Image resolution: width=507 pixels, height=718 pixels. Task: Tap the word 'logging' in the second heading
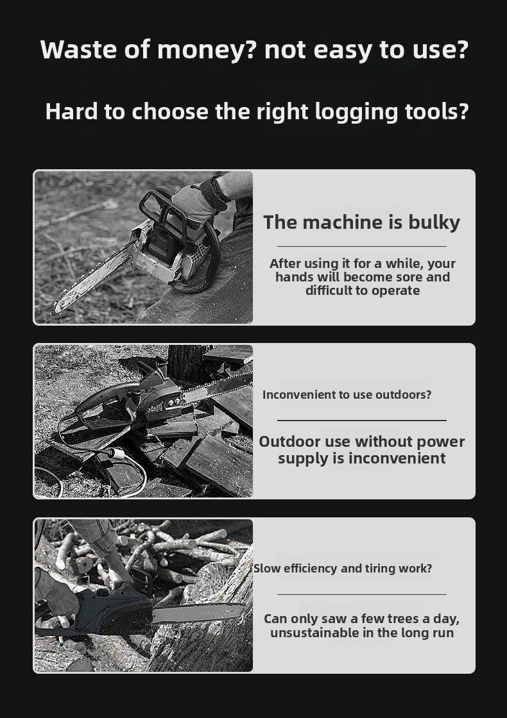click(x=357, y=112)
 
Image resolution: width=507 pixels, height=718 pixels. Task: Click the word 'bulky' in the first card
click(x=434, y=222)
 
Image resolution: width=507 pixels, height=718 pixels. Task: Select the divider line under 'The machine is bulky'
click(x=362, y=246)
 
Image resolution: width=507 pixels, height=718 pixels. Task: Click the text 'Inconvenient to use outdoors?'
click(x=347, y=395)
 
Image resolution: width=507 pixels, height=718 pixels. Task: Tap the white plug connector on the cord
click(x=116, y=454)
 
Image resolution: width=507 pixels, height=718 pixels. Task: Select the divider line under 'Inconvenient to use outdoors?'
click(x=362, y=420)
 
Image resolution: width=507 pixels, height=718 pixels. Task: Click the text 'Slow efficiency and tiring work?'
click(x=343, y=569)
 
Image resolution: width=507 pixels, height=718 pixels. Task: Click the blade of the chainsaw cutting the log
click(x=198, y=613)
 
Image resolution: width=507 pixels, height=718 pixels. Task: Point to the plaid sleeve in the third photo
click(x=94, y=536)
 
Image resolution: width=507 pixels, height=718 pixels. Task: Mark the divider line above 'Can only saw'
click(x=362, y=594)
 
